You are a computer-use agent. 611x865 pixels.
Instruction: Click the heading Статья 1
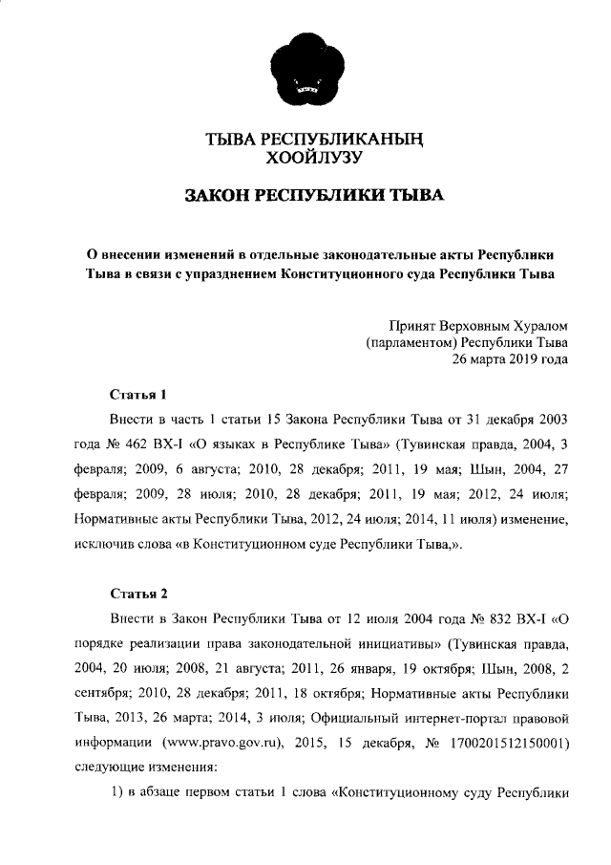138,394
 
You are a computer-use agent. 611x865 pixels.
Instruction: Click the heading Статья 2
138,592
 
